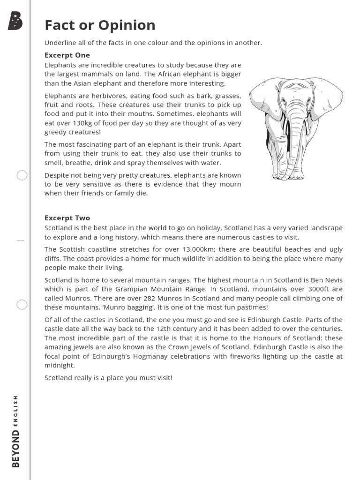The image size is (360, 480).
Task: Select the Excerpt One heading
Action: (x=67, y=55)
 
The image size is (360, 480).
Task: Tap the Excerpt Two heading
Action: (x=67, y=218)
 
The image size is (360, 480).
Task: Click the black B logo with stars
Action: (x=15, y=22)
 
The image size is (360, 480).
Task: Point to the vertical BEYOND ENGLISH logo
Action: (x=16, y=431)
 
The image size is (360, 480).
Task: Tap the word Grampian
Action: (x=123, y=289)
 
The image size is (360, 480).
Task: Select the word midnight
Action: (x=60, y=366)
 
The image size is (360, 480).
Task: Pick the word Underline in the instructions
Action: (x=60, y=43)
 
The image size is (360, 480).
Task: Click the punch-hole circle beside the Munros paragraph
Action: (x=22, y=305)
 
